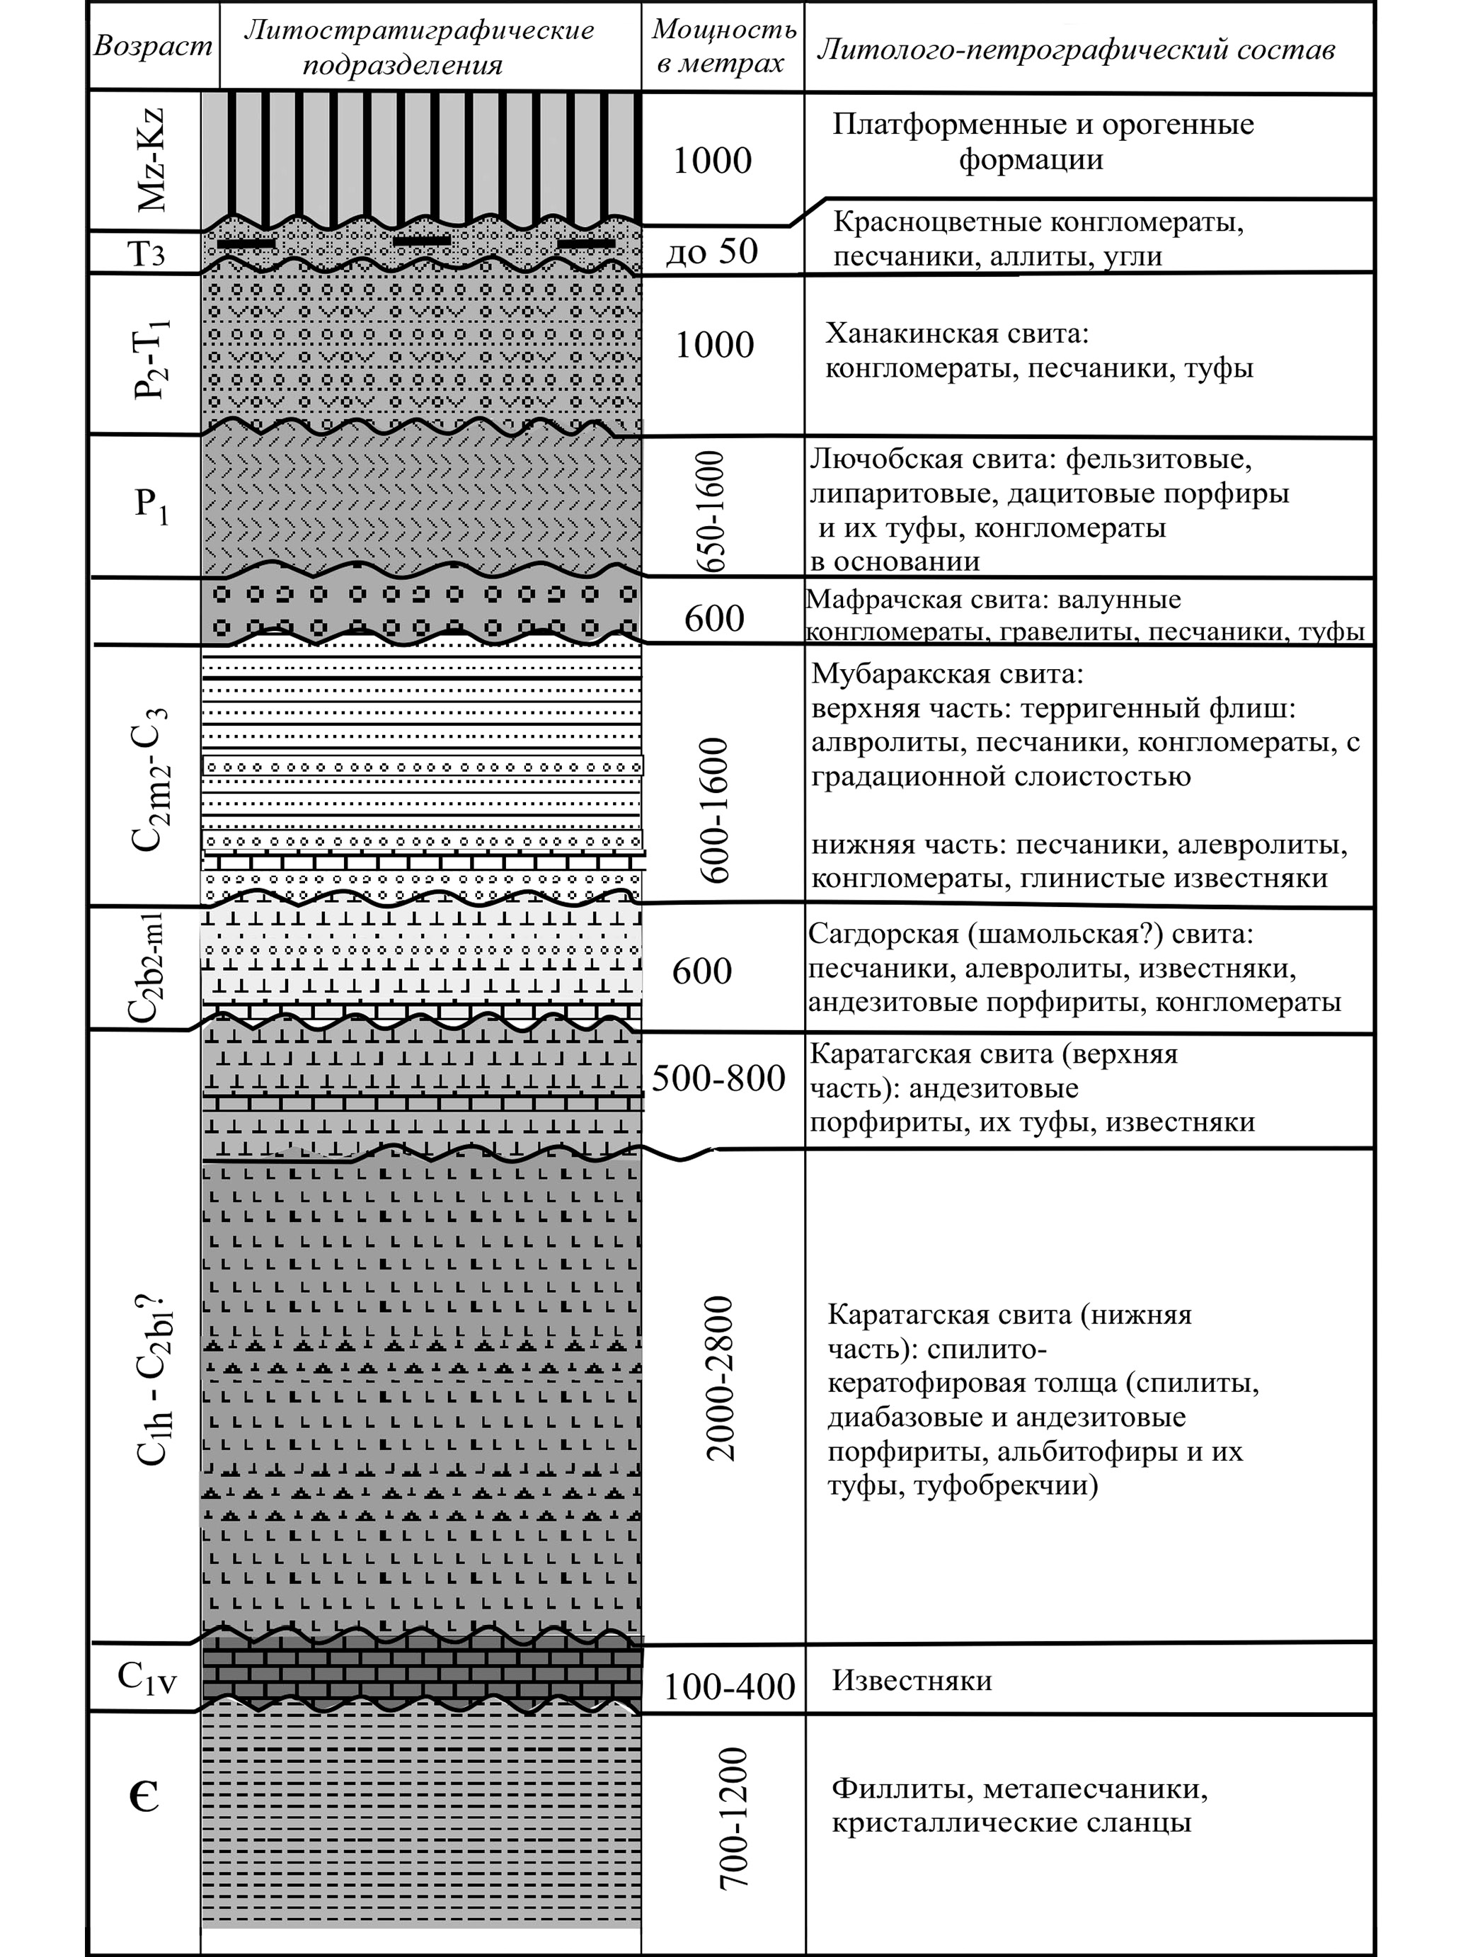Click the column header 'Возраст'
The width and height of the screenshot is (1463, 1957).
click(x=153, y=45)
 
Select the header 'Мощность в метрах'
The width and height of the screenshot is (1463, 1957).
click(x=723, y=45)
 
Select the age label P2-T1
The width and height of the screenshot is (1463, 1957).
click(x=152, y=357)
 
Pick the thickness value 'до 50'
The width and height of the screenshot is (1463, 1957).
click(x=712, y=252)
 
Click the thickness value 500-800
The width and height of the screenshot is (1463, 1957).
click(x=718, y=1078)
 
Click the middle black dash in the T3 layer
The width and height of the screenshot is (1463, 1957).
click(x=422, y=241)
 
